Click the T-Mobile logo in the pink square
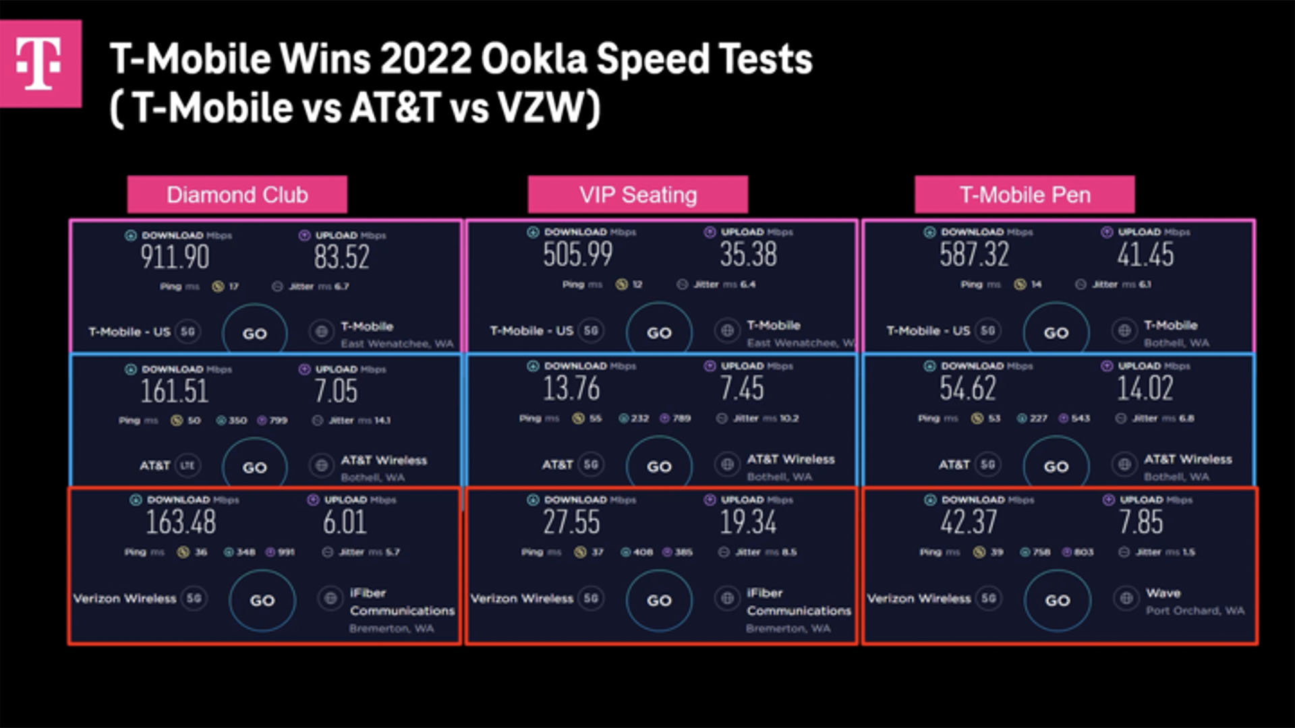coord(39,63)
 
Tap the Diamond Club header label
coord(237,195)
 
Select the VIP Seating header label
coord(637,195)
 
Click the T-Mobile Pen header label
coord(1025,195)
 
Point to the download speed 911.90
coord(175,257)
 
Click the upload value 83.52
coord(341,257)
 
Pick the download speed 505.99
coord(577,254)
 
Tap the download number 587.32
coord(974,254)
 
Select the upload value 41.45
coord(1145,254)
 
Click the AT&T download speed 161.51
coord(174,391)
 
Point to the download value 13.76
coord(571,388)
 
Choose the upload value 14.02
coord(1145,388)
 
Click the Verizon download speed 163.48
coord(181,522)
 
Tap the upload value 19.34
coord(747,522)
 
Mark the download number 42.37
coord(968,522)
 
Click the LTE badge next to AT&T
coord(187,465)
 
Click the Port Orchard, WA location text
coord(1195,611)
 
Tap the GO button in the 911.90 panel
coord(254,333)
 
